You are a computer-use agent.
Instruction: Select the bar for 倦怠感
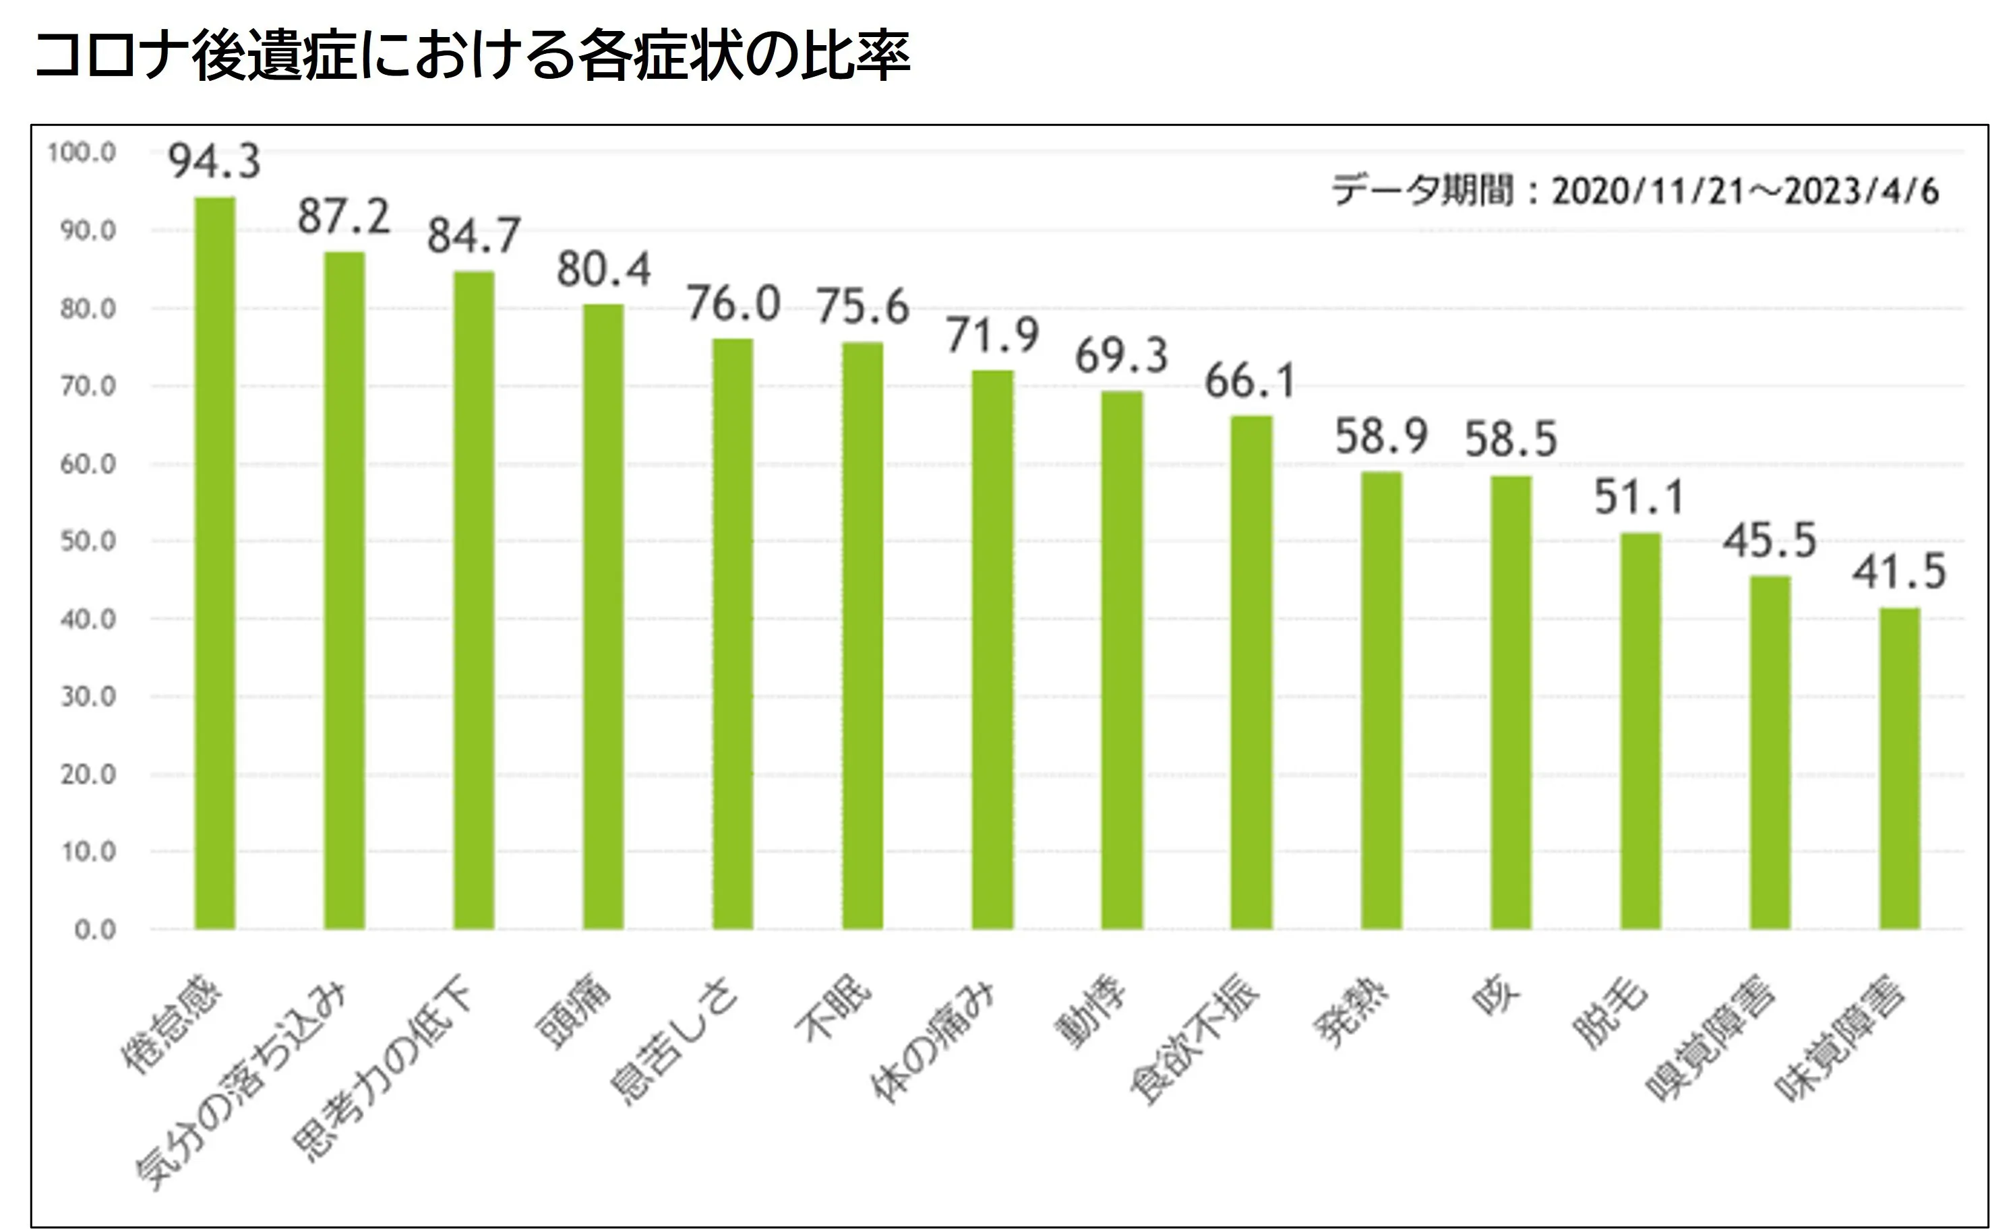[x=214, y=563]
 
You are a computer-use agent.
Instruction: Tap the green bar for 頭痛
[x=603, y=616]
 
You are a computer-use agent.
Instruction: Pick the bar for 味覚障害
[x=1900, y=768]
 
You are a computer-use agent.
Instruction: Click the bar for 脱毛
[x=1640, y=731]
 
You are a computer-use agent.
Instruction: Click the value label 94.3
[x=214, y=160]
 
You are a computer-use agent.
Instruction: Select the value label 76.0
[x=733, y=303]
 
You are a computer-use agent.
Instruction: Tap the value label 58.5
[x=1511, y=439]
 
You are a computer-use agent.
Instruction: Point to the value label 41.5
[x=1900, y=571]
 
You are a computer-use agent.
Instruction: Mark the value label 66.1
[x=1250, y=381]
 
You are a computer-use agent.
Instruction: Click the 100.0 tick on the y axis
[x=82, y=153]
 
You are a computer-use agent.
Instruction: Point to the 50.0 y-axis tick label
[x=87, y=541]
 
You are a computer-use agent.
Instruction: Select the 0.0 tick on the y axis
[x=94, y=930]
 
